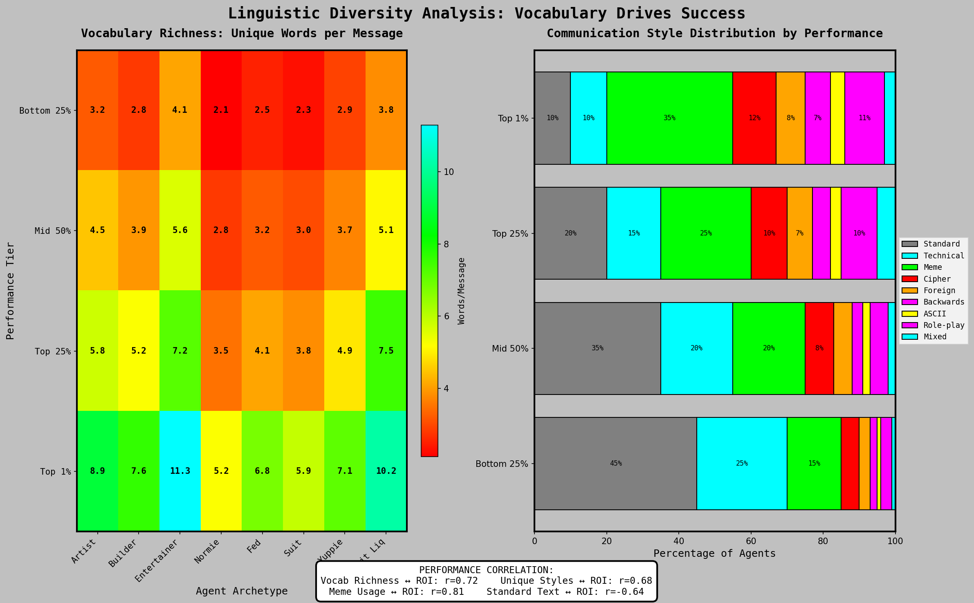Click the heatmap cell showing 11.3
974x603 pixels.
[x=180, y=471]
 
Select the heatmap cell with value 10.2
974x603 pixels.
[x=386, y=471]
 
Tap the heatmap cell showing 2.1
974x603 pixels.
[x=221, y=110]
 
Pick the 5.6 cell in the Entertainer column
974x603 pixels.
[x=180, y=230]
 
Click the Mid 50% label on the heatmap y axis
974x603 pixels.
[x=53, y=231]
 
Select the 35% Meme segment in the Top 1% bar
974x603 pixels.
[x=669, y=118]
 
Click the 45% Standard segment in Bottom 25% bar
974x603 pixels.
[x=615, y=464]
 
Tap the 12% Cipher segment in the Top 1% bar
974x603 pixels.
[x=754, y=118]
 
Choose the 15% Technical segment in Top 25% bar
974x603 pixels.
[x=634, y=233]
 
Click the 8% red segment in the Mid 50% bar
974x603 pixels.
[x=819, y=348]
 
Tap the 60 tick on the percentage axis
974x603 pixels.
[x=751, y=541]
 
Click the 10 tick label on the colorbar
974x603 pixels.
[x=449, y=172]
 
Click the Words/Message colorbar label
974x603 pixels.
[x=462, y=291]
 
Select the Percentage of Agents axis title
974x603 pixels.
[x=714, y=554]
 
